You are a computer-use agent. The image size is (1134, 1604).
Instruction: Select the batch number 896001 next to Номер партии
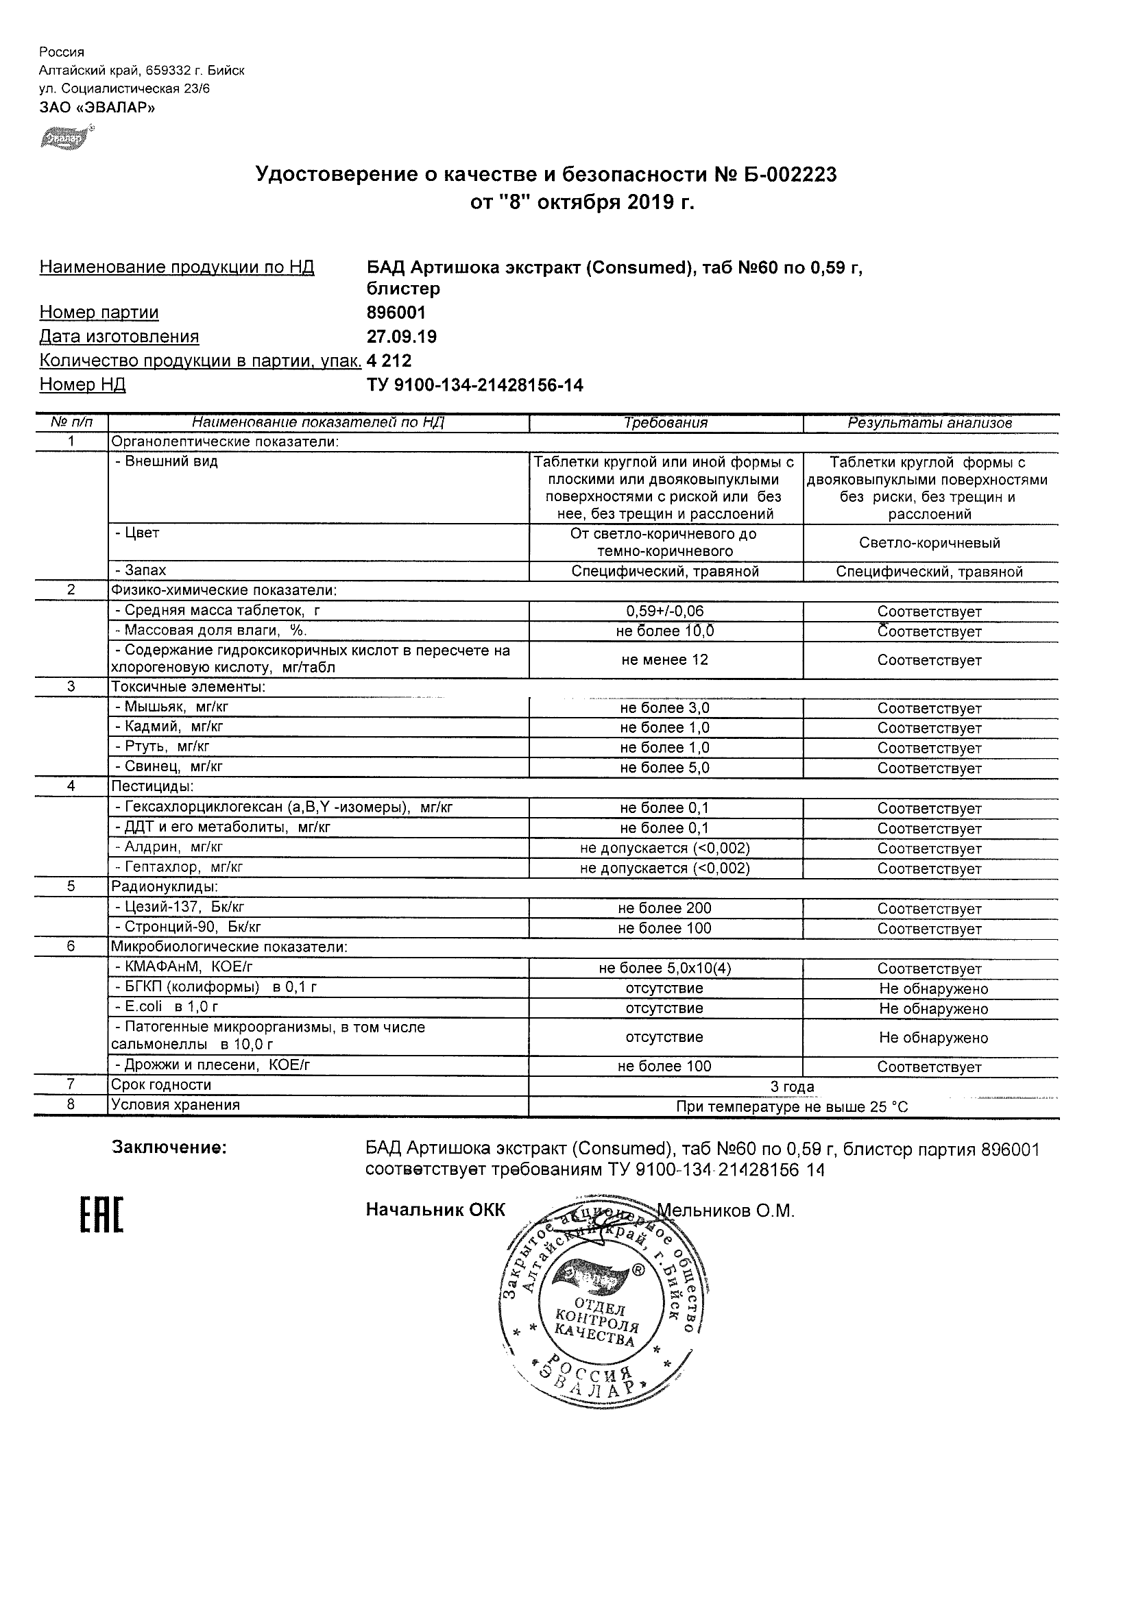396,313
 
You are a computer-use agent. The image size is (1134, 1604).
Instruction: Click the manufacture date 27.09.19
402,337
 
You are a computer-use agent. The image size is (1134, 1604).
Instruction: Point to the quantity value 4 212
389,361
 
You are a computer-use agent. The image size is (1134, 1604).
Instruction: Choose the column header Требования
665,423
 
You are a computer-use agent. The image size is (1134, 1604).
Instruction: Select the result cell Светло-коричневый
929,543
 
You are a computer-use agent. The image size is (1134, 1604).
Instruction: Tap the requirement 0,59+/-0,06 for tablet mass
665,611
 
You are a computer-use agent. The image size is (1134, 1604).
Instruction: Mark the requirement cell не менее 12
665,659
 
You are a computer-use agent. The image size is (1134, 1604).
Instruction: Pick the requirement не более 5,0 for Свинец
665,768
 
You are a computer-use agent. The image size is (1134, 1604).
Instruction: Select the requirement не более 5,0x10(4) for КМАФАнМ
665,969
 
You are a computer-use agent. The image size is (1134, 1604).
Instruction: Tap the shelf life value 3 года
793,1086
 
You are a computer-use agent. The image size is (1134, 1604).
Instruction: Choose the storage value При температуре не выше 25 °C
793,1106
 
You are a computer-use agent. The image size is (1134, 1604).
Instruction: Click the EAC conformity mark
101,1215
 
